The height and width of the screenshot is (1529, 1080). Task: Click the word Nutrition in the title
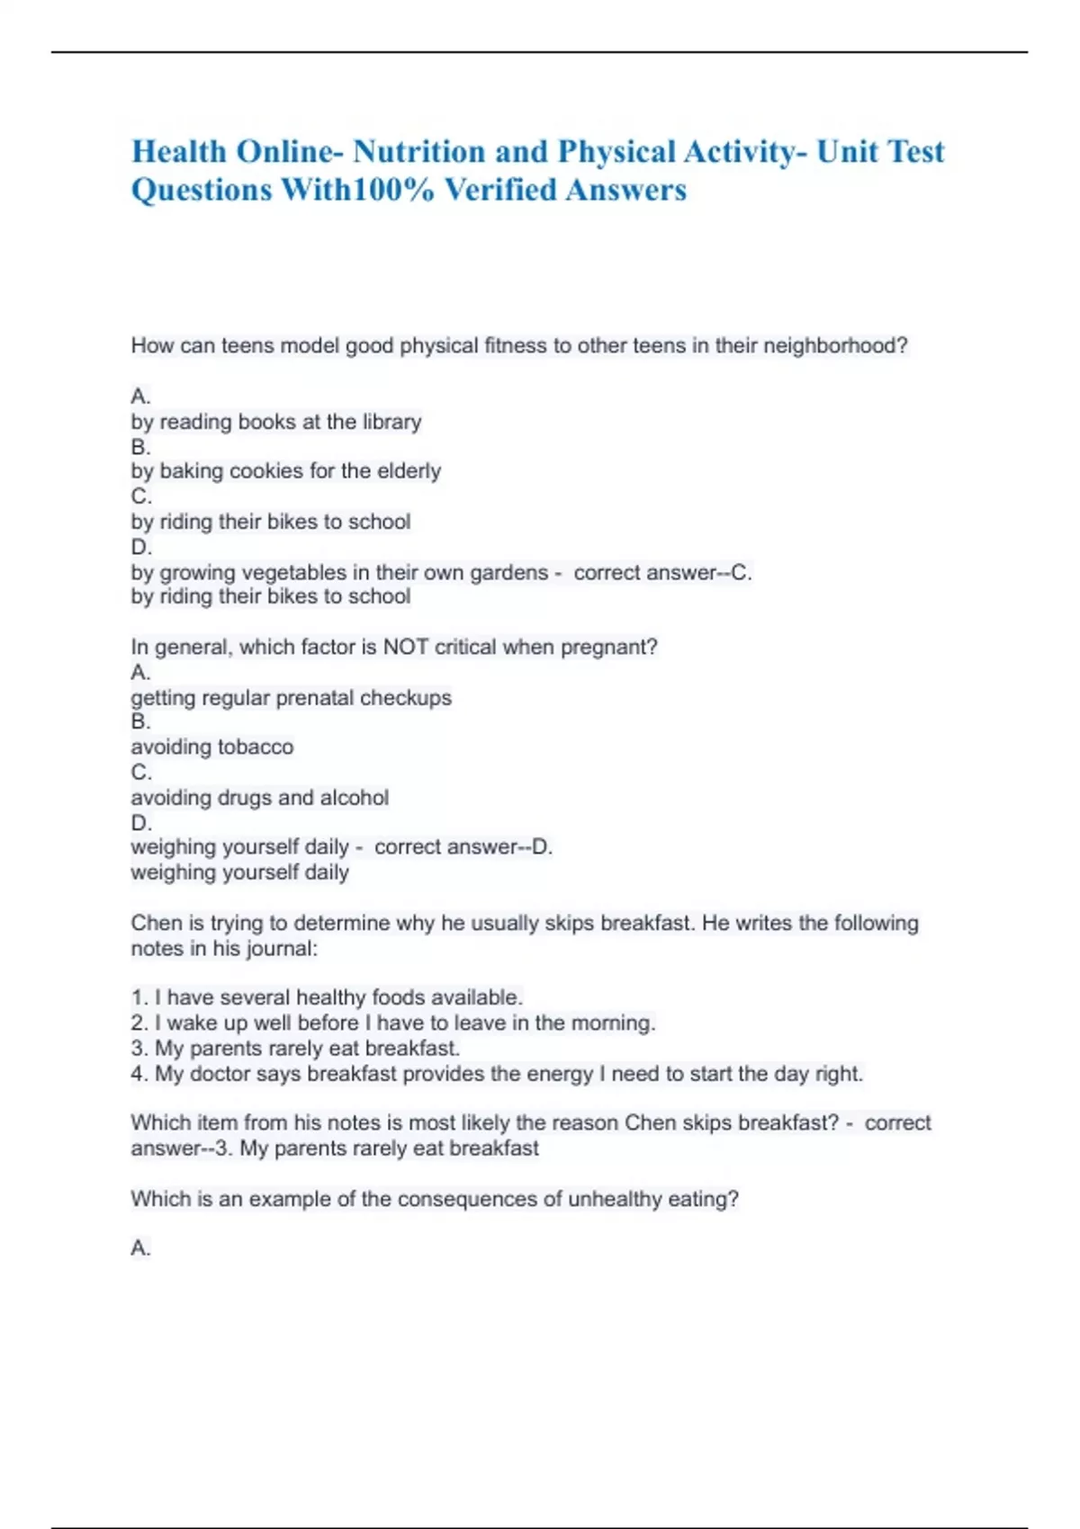coord(418,152)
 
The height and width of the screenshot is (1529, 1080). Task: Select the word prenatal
coord(311,698)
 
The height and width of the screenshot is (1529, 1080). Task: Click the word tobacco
coord(256,747)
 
